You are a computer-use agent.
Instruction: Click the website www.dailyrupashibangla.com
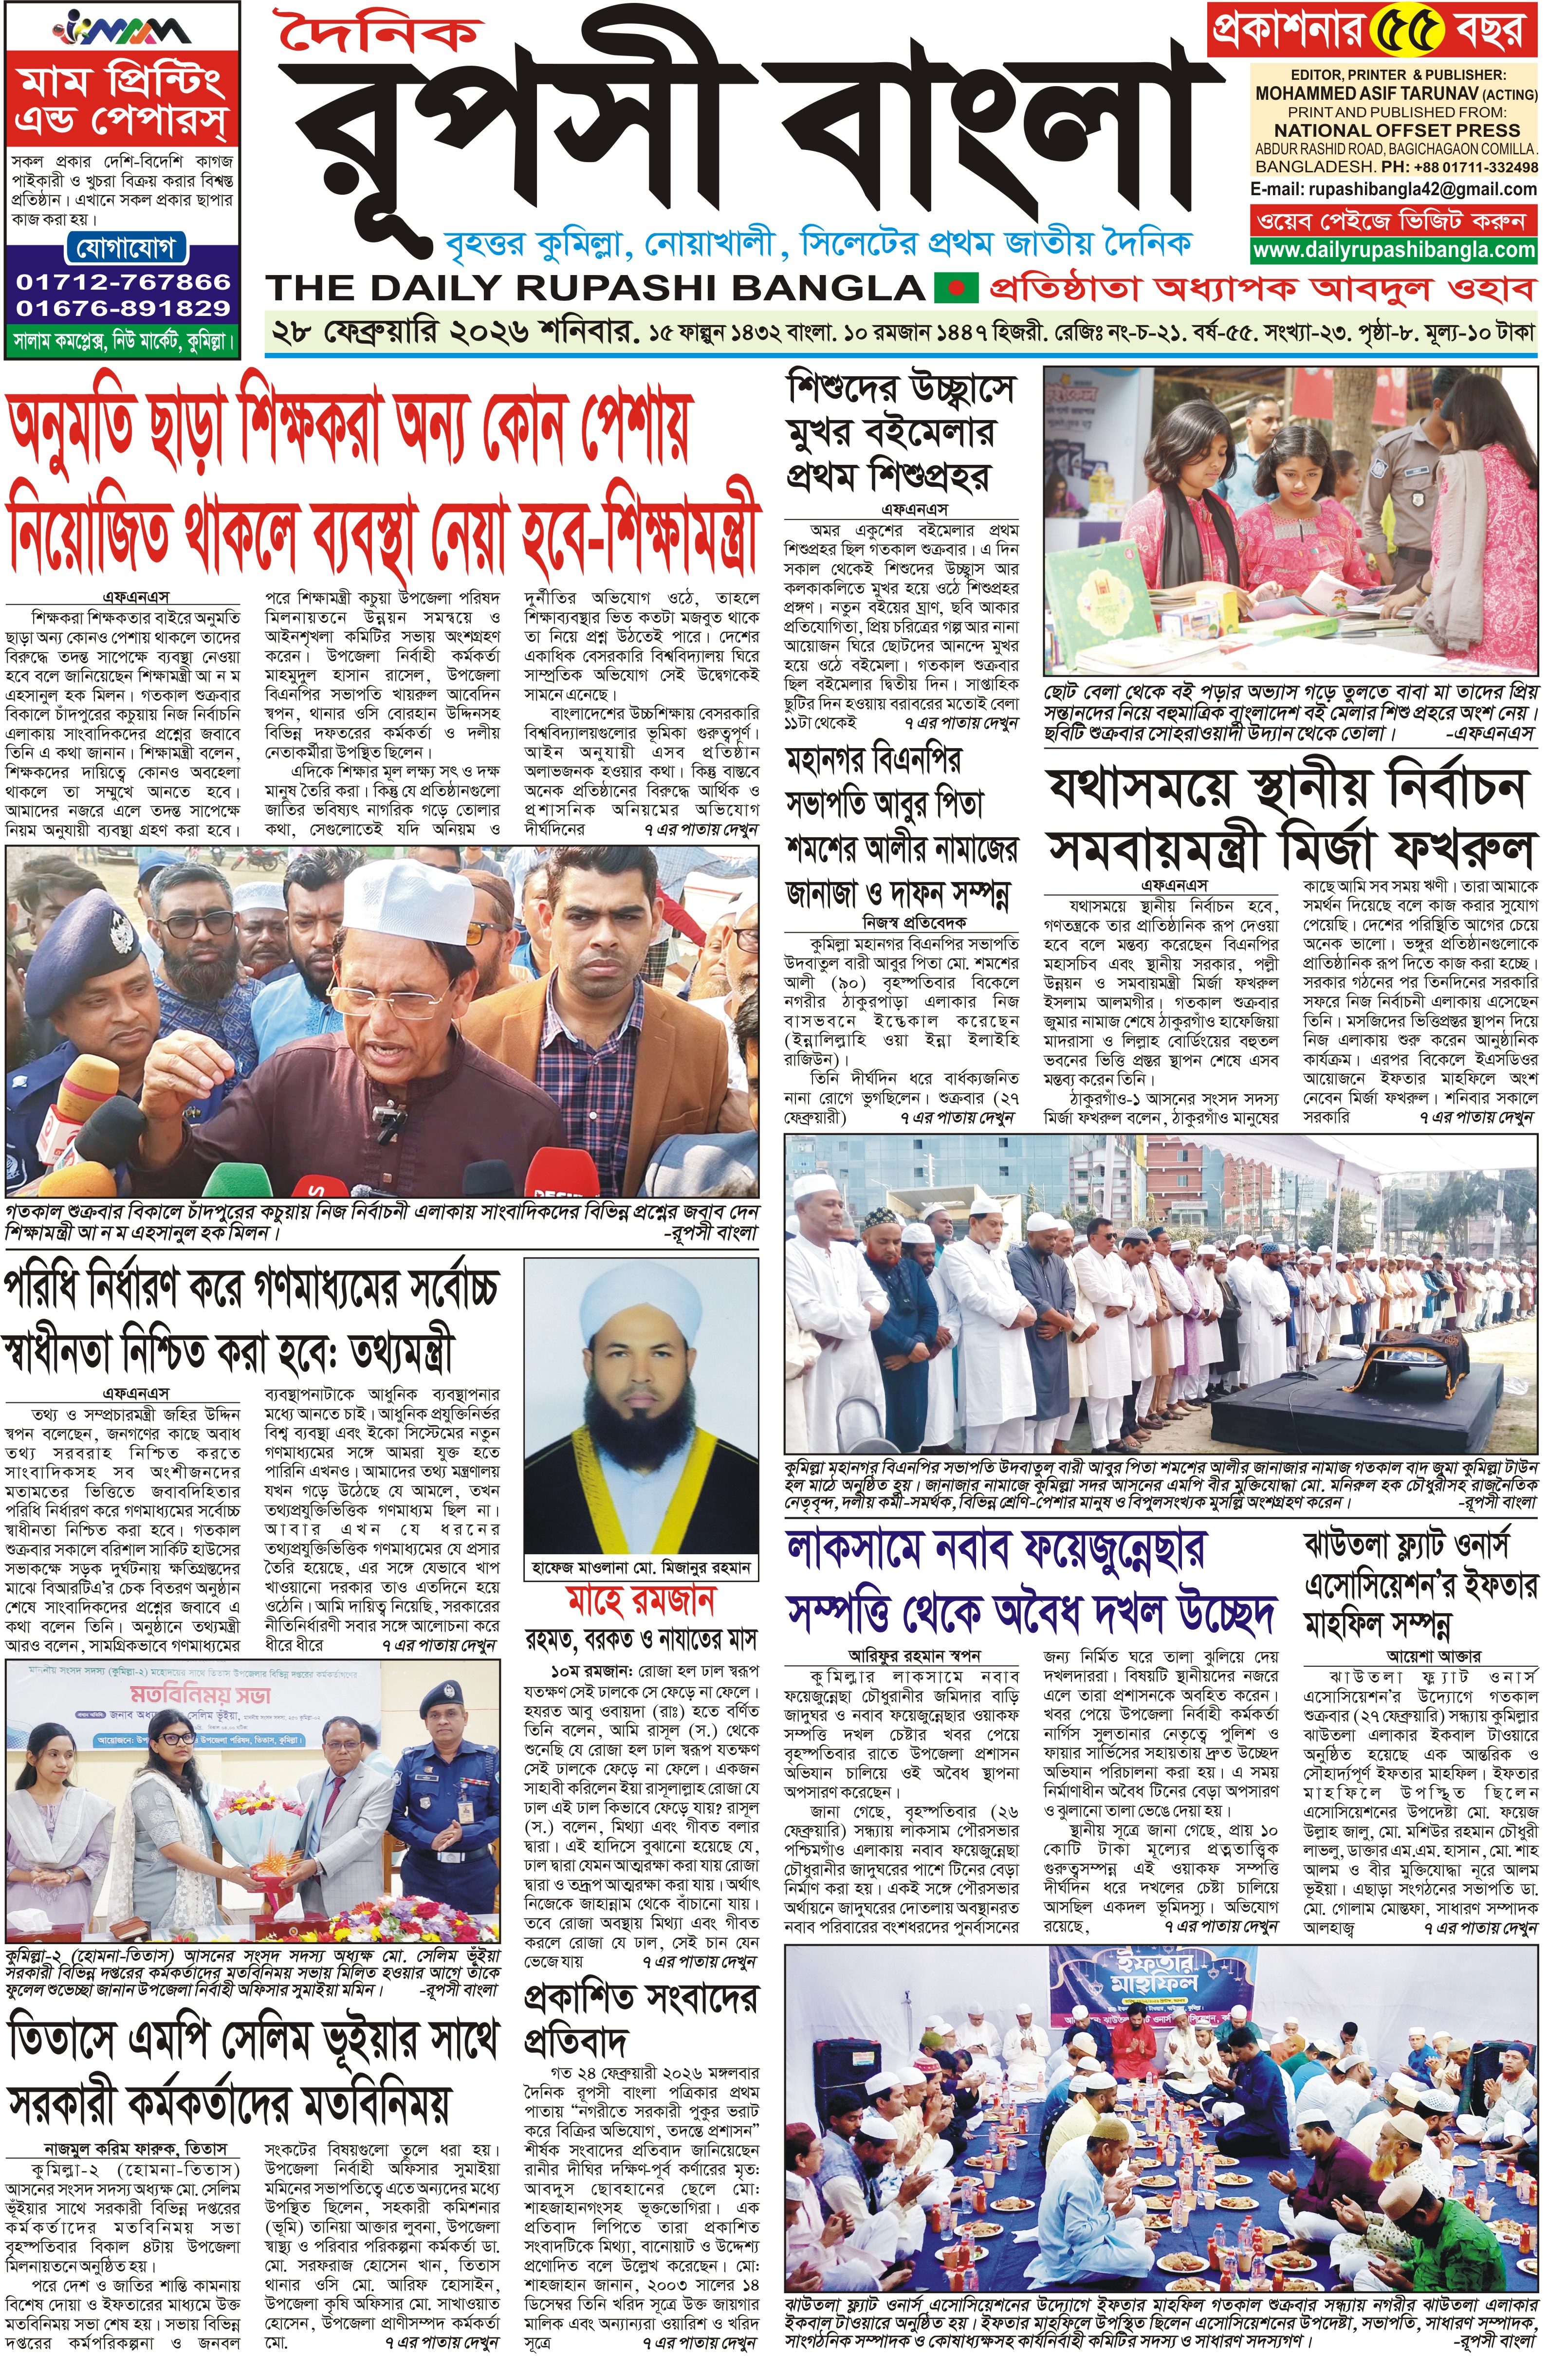pos(1394,251)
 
